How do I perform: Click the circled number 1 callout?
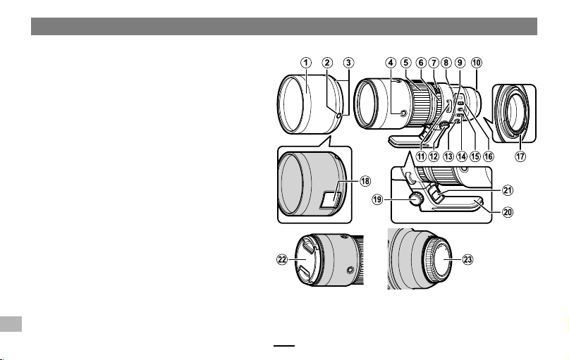click(x=306, y=63)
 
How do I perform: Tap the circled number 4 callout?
click(x=391, y=63)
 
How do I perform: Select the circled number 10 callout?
click(x=477, y=63)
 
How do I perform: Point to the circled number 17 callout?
click(x=520, y=156)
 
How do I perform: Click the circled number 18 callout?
click(x=365, y=180)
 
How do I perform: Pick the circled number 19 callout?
click(x=377, y=199)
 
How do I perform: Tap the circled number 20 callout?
click(x=508, y=212)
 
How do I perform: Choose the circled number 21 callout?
click(x=508, y=190)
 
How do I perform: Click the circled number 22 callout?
click(x=282, y=259)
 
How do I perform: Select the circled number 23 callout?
click(x=467, y=259)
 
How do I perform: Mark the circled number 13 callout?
click(x=448, y=156)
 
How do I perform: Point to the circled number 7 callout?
click(x=434, y=63)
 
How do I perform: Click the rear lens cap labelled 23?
click(x=439, y=259)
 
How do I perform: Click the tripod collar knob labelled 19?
click(x=415, y=199)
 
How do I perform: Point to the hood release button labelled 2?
click(x=338, y=116)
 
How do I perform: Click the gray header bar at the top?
click(x=284, y=27)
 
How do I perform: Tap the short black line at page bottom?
click(x=284, y=346)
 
